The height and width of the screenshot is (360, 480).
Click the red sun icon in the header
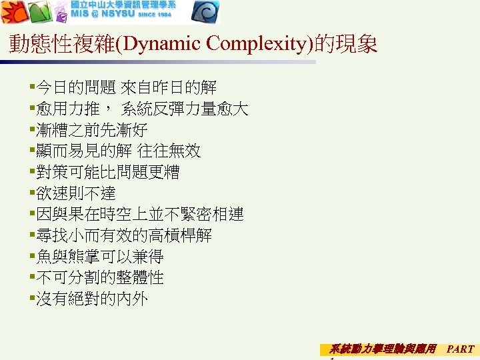[13, 12]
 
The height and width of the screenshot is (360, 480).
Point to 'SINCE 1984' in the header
[153, 15]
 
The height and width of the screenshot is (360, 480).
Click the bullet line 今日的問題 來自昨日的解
[127, 87]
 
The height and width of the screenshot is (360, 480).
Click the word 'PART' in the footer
[461, 348]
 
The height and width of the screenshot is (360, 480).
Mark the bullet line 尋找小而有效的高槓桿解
[124, 235]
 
